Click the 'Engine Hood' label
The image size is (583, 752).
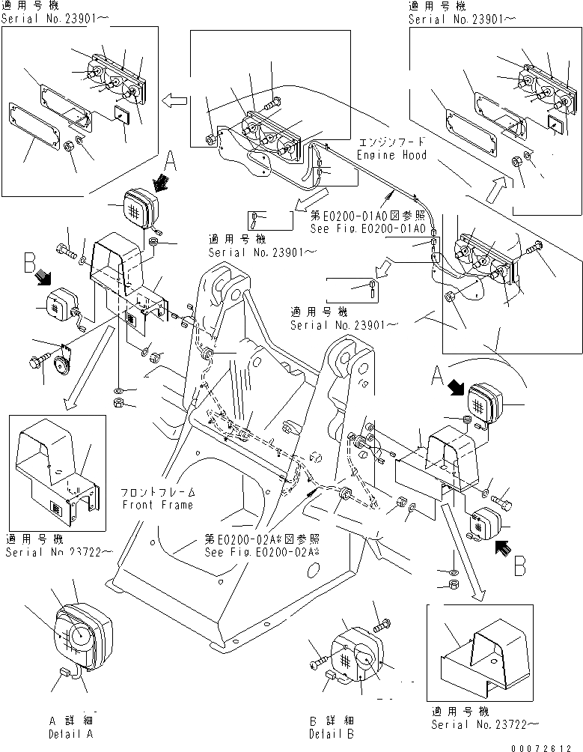pyautogui.click(x=391, y=155)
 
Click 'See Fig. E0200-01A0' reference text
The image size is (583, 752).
pyautogui.click(x=368, y=227)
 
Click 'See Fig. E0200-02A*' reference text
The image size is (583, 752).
pyautogui.click(x=262, y=553)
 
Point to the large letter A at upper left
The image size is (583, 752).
pyautogui.click(x=170, y=160)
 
